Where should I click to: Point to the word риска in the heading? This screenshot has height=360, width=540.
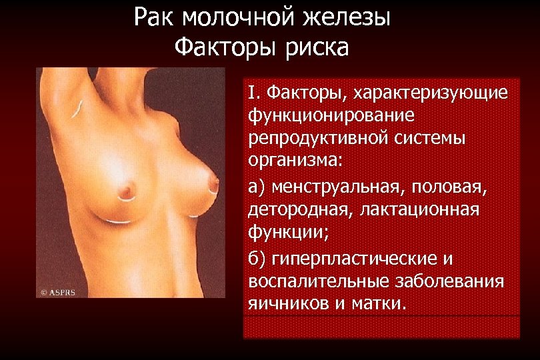click(x=316, y=47)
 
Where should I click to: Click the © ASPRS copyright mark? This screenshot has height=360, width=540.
click(x=58, y=291)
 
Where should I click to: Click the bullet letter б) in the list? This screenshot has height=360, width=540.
click(x=255, y=258)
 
